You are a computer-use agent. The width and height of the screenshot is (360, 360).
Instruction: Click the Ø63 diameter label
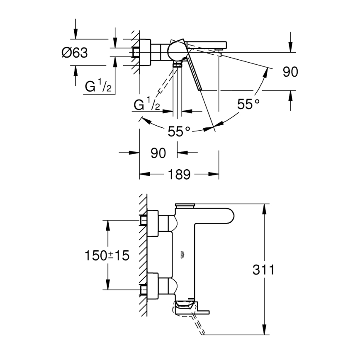tap(75, 53)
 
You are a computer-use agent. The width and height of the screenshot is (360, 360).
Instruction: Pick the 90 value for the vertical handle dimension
tap(290, 72)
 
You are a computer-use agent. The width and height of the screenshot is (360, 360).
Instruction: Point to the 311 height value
tap(264, 270)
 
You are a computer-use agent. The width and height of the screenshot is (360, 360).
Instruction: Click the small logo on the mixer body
tap(182, 255)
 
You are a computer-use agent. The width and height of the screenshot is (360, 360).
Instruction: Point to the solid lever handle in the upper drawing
tap(195, 75)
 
